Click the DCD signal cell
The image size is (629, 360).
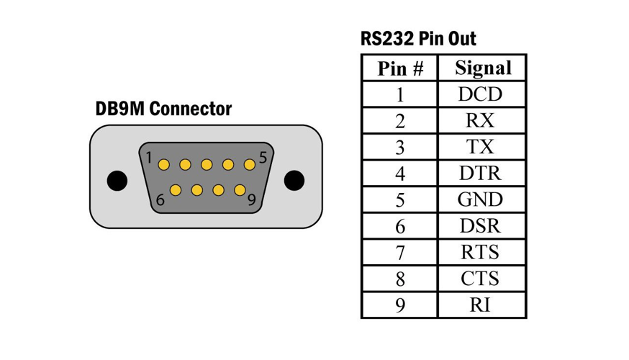(x=481, y=94)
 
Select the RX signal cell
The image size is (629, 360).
(x=481, y=120)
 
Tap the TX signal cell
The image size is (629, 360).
(x=481, y=147)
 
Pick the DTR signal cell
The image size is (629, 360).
(x=481, y=173)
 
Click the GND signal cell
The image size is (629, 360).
(x=481, y=199)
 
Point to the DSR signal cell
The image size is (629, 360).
(x=481, y=226)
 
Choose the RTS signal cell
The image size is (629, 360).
(x=481, y=252)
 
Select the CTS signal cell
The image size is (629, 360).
(x=481, y=279)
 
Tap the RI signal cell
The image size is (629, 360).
(x=481, y=305)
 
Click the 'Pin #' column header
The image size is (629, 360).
(x=400, y=68)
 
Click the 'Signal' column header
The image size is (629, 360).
(x=483, y=68)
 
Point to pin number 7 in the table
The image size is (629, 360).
(x=400, y=253)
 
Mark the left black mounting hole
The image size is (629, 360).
(x=117, y=181)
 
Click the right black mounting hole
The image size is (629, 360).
(x=294, y=180)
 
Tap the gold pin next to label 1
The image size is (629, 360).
(x=163, y=165)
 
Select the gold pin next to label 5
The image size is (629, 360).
(x=250, y=165)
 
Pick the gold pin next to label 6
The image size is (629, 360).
(x=176, y=190)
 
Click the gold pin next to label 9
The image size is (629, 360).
(x=240, y=190)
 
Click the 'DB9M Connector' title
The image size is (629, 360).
(x=163, y=109)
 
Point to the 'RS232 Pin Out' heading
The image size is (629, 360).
(x=418, y=39)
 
